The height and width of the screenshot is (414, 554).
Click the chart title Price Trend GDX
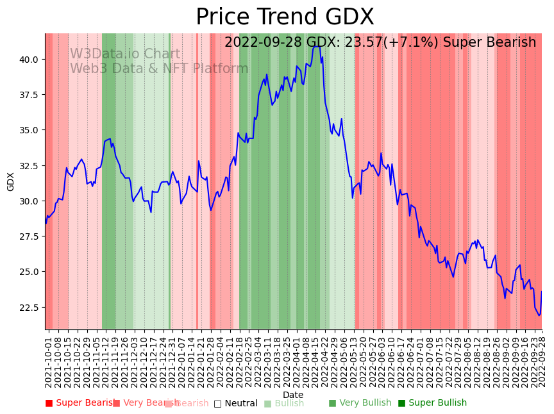(x=285, y=17)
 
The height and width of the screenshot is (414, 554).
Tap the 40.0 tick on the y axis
(x=30, y=60)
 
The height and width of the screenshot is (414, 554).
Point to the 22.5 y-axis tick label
(x=30, y=307)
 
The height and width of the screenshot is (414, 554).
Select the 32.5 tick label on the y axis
(x=30, y=165)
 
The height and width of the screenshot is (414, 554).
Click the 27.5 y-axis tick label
(x=30, y=236)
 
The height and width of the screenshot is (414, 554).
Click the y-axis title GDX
(x=11, y=181)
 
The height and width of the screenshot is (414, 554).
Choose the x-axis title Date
(x=293, y=395)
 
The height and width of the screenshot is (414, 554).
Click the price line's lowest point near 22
(x=539, y=315)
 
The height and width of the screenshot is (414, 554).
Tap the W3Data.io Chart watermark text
(x=125, y=54)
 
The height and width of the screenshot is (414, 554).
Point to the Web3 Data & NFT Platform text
(x=159, y=69)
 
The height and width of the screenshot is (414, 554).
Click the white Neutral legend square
(x=218, y=404)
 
